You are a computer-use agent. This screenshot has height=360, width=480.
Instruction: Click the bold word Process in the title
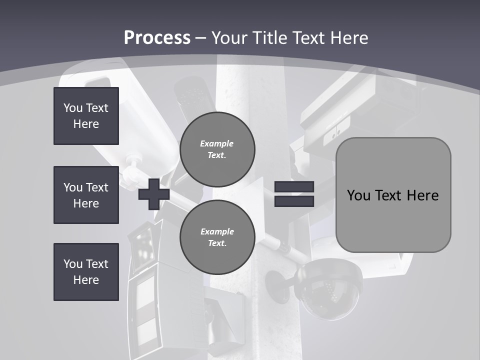[x=157, y=38]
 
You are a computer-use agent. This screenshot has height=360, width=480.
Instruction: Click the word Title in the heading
[x=270, y=38]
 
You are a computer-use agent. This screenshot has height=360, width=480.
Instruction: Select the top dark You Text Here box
[x=86, y=116]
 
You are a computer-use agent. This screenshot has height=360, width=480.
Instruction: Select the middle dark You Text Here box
[x=86, y=195]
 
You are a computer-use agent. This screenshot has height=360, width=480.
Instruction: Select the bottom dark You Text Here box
[x=86, y=271]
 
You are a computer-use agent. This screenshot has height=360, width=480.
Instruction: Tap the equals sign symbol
[x=294, y=194]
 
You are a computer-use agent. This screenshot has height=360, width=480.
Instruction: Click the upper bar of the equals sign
[x=294, y=187]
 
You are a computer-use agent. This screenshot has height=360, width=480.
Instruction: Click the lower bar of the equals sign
[x=294, y=201]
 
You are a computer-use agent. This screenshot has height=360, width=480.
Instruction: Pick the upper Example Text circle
[x=217, y=149]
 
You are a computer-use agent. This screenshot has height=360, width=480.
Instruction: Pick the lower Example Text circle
[x=217, y=237]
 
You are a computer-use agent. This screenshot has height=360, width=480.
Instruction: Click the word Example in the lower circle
[x=217, y=231]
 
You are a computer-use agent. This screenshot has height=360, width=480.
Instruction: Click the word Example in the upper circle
[x=216, y=143]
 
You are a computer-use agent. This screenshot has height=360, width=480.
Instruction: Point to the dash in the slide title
[x=201, y=38]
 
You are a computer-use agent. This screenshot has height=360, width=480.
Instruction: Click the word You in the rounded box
[x=358, y=195]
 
